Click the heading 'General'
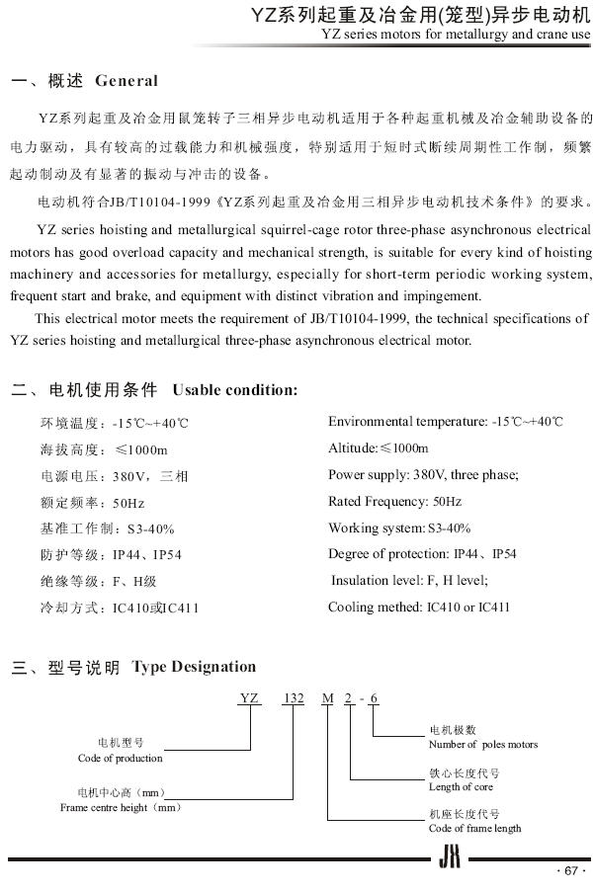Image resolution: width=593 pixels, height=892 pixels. point(126,80)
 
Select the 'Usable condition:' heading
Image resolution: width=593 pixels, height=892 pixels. point(234,389)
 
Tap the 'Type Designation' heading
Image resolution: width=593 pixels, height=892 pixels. point(194,667)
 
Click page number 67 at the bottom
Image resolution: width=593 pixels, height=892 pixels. point(571,870)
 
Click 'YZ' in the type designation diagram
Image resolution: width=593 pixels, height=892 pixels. point(249,698)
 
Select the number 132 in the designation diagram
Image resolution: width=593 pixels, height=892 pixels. point(294,698)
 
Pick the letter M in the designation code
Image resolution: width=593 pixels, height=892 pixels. point(327,698)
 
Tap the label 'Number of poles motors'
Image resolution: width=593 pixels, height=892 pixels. point(483,744)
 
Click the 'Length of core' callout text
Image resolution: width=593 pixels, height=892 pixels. point(461,787)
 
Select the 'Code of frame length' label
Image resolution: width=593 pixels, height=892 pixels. point(474,828)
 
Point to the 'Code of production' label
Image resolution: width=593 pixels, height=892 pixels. point(120,758)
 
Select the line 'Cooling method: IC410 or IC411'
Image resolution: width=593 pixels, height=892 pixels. point(419,607)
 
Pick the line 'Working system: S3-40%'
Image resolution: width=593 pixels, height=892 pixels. point(399,528)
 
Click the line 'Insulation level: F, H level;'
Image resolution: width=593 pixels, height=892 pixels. point(409,581)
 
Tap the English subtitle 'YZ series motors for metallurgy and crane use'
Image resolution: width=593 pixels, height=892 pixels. point(456,36)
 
